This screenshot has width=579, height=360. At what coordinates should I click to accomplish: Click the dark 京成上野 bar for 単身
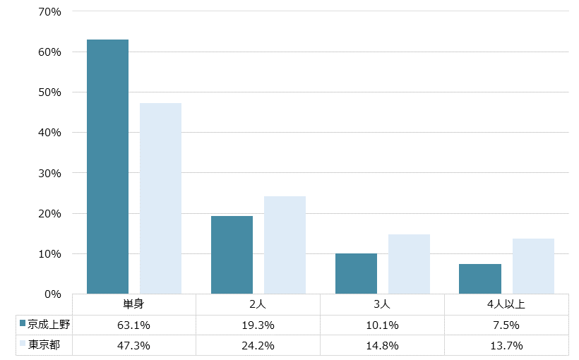click(107, 167)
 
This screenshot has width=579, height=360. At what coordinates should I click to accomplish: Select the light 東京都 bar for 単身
click(160, 198)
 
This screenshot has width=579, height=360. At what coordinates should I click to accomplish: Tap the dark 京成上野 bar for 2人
click(232, 255)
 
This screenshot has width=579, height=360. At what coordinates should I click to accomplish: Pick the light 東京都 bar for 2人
click(285, 245)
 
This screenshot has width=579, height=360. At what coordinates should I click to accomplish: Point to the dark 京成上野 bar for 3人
click(356, 273)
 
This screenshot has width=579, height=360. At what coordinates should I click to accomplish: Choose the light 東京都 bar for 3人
click(409, 264)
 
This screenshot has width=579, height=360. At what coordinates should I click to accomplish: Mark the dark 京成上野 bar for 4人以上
click(480, 279)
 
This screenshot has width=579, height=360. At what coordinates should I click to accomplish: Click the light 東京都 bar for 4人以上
click(533, 266)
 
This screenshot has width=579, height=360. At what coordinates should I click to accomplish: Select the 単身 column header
click(134, 305)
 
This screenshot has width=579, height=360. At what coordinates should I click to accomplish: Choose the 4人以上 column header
click(506, 305)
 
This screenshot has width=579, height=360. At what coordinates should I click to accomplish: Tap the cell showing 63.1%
click(134, 325)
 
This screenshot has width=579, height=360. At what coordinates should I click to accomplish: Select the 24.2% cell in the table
click(258, 346)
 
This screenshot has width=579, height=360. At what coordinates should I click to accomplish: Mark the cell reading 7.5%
click(506, 325)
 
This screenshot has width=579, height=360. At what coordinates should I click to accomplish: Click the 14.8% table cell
click(382, 346)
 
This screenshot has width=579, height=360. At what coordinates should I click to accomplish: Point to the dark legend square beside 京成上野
click(23, 325)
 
